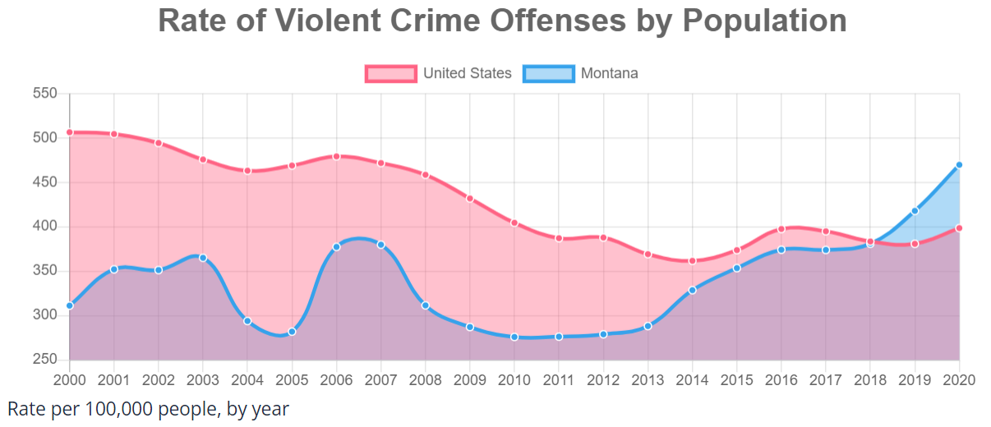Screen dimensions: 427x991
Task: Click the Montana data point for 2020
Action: coord(959,165)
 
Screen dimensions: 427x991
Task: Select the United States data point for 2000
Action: coord(70,132)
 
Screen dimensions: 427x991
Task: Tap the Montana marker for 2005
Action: coord(292,332)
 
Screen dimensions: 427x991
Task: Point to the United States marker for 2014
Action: coord(692,261)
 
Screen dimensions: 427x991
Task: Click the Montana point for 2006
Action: coord(336,246)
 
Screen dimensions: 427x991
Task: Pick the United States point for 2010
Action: coord(514,223)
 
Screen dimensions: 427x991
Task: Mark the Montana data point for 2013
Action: coord(648,326)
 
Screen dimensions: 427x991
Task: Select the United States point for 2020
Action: coord(959,228)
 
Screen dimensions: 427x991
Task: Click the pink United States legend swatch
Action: coord(391,74)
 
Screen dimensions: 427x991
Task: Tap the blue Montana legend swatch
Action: coord(548,74)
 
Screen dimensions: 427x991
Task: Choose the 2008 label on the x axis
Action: coord(425,379)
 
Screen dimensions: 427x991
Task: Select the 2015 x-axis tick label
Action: coord(736,379)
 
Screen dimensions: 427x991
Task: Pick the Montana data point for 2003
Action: coord(203,258)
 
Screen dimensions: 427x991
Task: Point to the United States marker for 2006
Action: coord(336,156)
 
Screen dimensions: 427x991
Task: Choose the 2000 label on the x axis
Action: coord(70,379)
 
